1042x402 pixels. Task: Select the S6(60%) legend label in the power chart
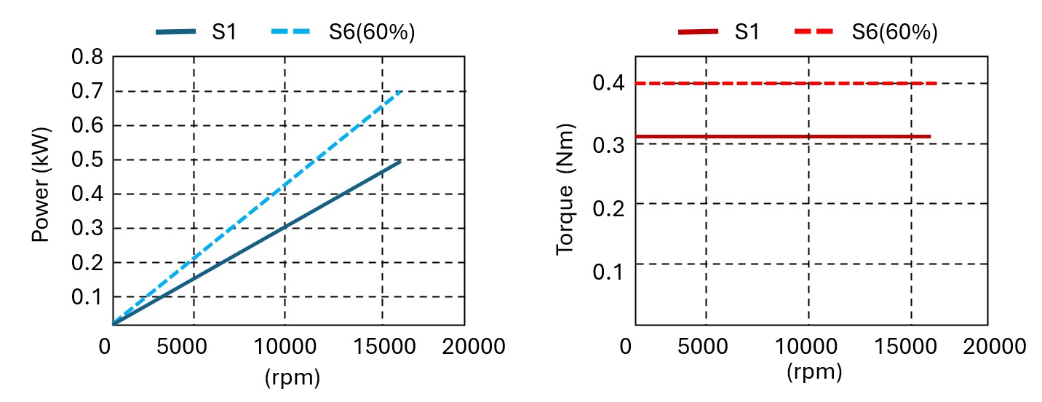tap(371, 32)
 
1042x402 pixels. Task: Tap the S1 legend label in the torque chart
tap(747, 32)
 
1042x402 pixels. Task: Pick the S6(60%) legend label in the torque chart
tap(894, 32)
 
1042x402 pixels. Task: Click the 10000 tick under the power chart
tap(285, 347)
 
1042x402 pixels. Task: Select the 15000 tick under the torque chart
tap(911, 347)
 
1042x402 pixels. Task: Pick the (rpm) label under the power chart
tap(293, 377)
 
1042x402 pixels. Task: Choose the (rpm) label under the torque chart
tap(814, 372)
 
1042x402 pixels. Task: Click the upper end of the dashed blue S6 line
tap(401, 92)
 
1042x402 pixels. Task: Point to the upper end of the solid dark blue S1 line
tap(400, 161)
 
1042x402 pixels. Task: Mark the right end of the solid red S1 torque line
tap(930, 137)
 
